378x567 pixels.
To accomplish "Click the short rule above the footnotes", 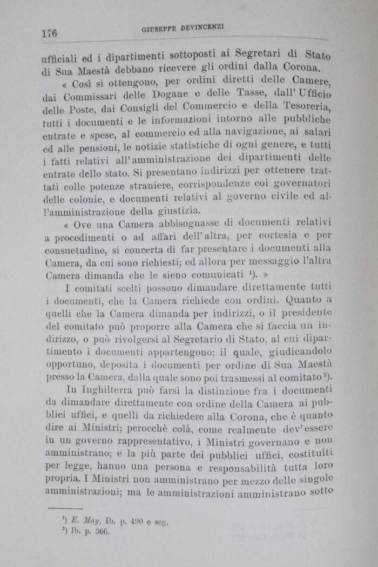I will (x=65, y=508).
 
